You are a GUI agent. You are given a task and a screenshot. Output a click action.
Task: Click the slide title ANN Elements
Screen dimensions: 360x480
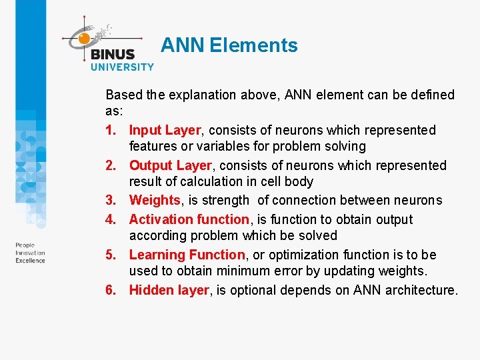(x=229, y=45)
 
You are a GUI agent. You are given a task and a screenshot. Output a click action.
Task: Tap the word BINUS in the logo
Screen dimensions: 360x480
(x=112, y=55)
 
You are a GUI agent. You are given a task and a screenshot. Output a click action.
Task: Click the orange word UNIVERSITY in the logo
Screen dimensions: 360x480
(x=122, y=67)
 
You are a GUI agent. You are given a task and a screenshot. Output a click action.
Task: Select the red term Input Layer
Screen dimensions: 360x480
(x=165, y=130)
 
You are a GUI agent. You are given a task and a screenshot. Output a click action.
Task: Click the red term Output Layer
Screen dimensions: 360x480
(x=169, y=165)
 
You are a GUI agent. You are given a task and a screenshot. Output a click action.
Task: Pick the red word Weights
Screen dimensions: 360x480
(x=155, y=200)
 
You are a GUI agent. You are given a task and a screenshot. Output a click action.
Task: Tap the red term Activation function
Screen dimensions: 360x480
(x=189, y=219)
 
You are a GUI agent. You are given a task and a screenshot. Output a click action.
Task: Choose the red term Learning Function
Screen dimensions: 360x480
(x=187, y=255)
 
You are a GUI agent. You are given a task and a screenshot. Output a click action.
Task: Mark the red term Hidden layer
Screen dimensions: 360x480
(x=169, y=290)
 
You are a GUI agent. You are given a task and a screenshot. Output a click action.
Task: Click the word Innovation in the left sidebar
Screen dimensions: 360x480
(x=31, y=253)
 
